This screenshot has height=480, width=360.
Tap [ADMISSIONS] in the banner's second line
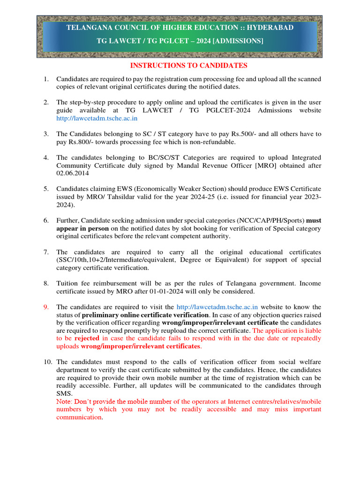(238, 41)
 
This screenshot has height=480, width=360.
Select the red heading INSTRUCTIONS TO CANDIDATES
(188, 66)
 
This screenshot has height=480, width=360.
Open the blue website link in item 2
(97, 119)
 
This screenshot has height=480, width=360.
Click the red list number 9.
(46, 307)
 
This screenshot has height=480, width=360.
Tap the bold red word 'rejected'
(87, 338)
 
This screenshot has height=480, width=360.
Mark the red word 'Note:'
(65, 402)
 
